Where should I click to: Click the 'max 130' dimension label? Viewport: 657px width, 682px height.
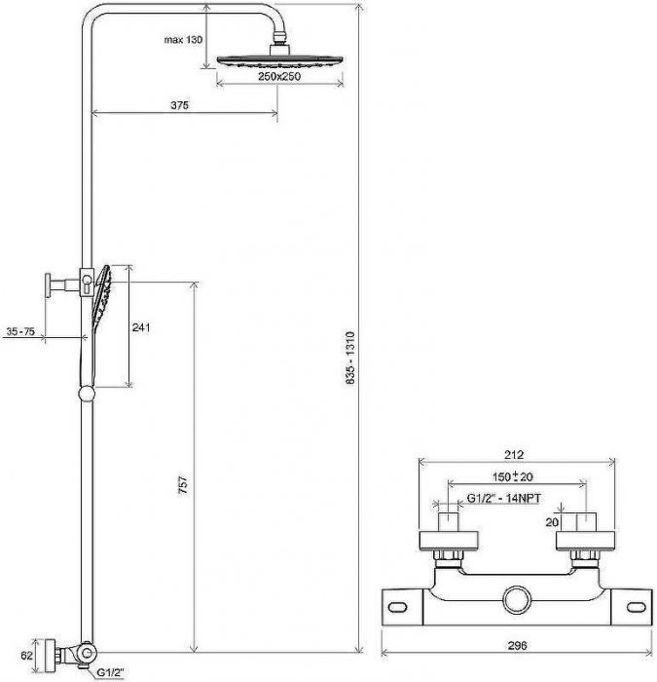click(183, 40)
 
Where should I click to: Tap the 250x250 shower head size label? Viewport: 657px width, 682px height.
click(279, 76)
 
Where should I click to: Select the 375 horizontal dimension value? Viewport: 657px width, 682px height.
click(179, 105)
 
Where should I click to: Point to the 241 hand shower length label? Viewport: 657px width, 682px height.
click(141, 327)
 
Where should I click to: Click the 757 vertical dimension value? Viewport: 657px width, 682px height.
click(183, 484)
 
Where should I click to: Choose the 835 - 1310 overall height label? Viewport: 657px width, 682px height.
click(350, 358)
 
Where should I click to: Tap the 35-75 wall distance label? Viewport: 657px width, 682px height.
click(20, 332)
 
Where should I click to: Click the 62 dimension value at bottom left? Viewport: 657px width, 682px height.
click(27, 655)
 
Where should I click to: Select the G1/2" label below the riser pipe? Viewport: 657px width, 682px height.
click(110, 672)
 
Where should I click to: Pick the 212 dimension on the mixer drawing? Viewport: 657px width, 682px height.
click(514, 455)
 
